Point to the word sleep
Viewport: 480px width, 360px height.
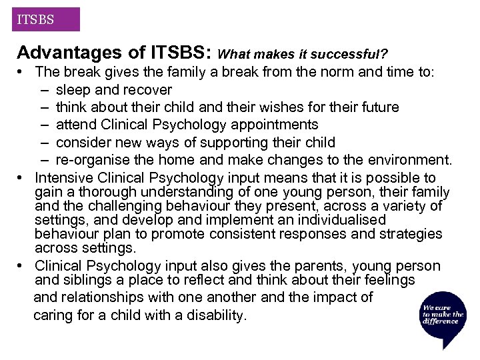point(73,90)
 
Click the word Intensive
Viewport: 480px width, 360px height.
point(65,178)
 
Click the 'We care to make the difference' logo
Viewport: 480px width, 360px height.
point(443,313)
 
